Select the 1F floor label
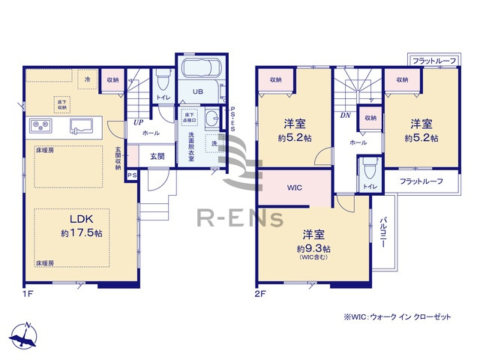coord(28,294)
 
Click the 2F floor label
coord(260,294)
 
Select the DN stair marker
coord(346,116)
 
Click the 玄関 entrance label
coord(157,157)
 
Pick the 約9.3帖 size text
coord(313,247)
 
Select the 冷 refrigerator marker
coord(88,78)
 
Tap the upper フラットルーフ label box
coord(432,60)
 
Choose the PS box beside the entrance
coord(132,175)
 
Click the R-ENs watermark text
coord(239,219)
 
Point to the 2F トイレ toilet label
coord(370,186)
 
